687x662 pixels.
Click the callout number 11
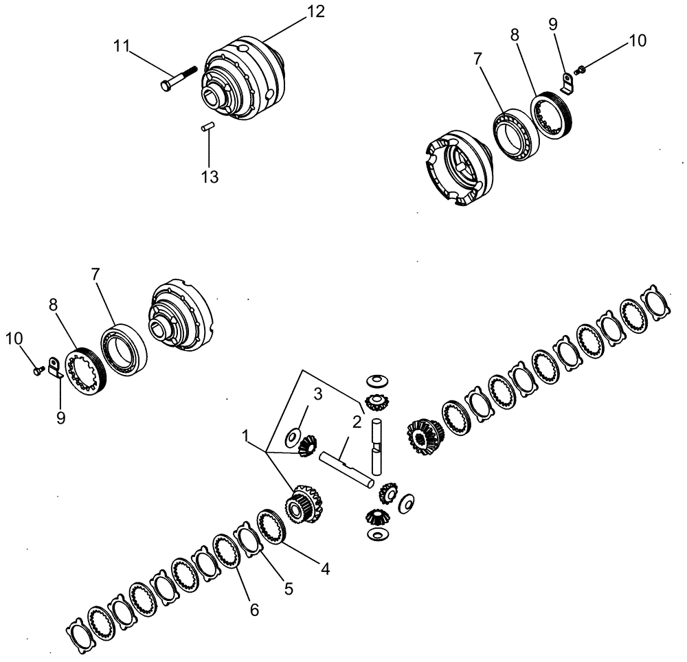point(122,47)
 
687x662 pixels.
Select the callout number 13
point(210,177)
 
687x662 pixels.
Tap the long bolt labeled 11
point(178,76)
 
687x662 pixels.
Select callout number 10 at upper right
point(637,41)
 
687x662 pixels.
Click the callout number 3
point(318,393)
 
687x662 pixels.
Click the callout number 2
point(357,421)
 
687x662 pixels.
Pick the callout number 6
point(254,610)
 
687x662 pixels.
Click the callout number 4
point(325,569)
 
